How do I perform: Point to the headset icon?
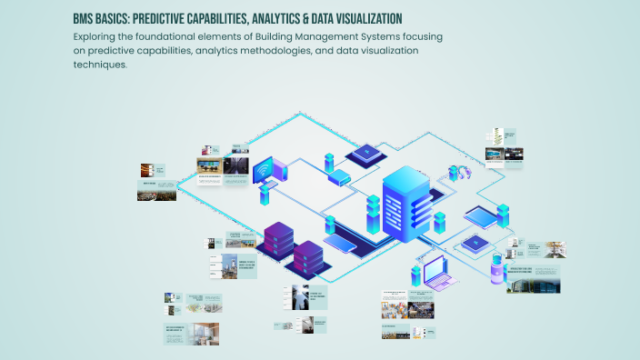point(452,173)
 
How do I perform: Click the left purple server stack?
point(278,240)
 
